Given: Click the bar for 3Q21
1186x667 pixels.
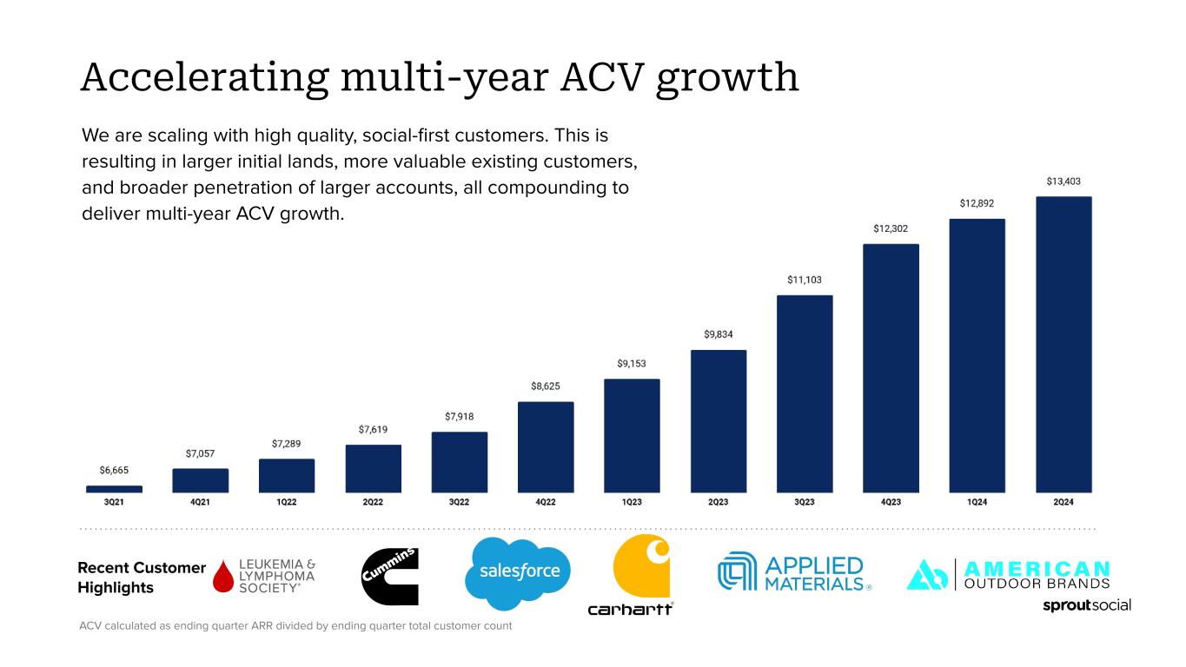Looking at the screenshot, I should click(x=114, y=489).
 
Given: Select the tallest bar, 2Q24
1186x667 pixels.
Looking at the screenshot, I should click(x=1063, y=345).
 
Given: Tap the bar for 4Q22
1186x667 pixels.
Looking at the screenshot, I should click(x=545, y=447).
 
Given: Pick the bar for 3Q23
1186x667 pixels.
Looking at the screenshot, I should click(x=805, y=394).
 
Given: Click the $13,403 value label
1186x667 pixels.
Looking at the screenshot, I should click(x=1063, y=182).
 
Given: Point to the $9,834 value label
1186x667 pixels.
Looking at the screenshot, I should click(x=718, y=334).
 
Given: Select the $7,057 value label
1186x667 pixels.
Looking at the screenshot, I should click(x=200, y=453).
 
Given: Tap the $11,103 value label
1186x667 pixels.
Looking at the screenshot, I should click(x=805, y=280).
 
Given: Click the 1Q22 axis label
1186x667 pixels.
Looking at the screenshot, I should click(x=286, y=502).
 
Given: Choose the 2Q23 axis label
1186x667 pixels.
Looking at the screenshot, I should click(x=718, y=502).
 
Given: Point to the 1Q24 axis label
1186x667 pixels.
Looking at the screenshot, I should click(x=977, y=502).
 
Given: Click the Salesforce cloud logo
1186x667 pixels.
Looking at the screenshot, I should click(x=520, y=572).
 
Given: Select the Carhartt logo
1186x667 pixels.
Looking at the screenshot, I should click(x=632, y=576).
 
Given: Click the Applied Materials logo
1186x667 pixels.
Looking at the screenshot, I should click(x=793, y=573).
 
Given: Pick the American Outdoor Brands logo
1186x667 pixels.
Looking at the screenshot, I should click(x=1008, y=574).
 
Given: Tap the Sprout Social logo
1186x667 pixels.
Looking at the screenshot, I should click(x=1086, y=604).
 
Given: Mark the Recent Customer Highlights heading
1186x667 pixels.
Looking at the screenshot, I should click(x=142, y=578).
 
